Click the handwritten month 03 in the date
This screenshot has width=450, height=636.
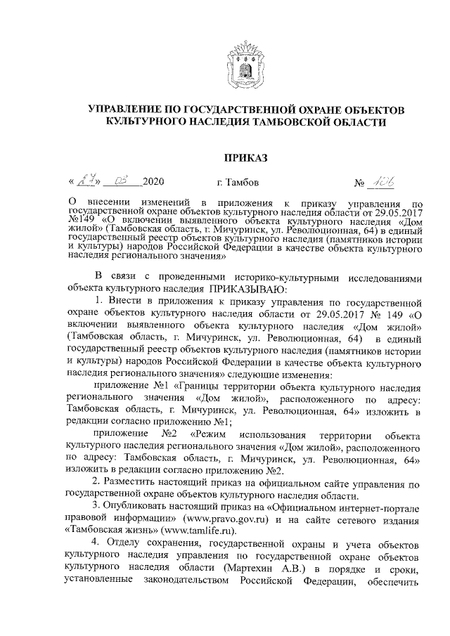coord(120,183)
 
